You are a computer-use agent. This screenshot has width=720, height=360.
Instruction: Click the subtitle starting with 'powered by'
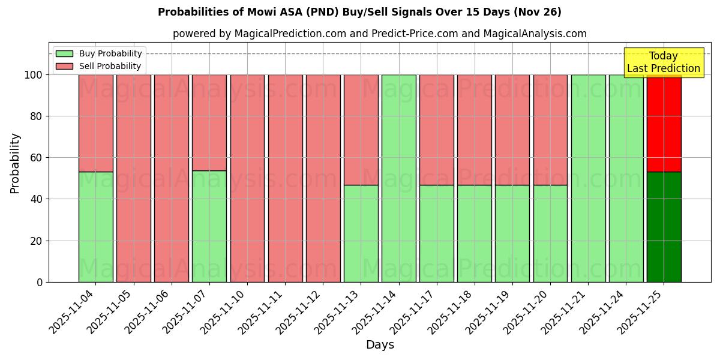(x=379, y=34)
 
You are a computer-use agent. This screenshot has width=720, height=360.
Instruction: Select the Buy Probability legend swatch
(x=64, y=54)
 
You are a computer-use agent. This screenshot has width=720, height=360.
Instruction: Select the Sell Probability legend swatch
(x=64, y=67)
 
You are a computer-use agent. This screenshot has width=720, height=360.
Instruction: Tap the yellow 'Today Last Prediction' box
(x=663, y=62)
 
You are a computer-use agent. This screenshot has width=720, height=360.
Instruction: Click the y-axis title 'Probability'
(x=16, y=163)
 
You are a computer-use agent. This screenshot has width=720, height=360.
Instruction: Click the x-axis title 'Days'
(x=380, y=345)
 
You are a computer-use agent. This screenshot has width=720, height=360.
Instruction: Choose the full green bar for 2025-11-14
(x=398, y=178)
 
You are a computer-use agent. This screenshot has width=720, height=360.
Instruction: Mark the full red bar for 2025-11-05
(x=133, y=178)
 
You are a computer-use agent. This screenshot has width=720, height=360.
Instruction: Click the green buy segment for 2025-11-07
(x=209, y=226)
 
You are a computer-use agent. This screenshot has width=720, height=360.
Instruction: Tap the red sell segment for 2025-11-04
(x=95, y=123)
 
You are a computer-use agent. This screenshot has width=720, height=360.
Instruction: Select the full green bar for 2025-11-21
(x=588, y=178)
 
